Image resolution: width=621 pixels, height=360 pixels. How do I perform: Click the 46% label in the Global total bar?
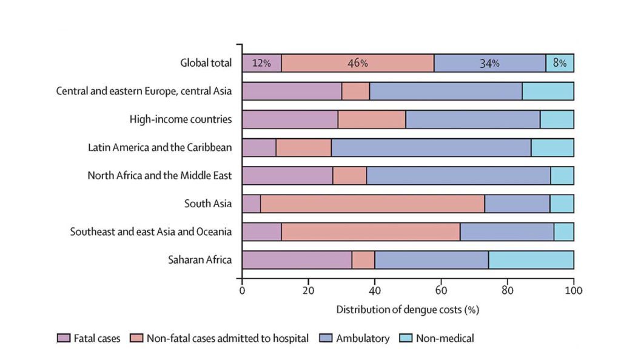[x=357, y=64]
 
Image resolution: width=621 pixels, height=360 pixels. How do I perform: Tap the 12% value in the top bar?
[x=261, y=64]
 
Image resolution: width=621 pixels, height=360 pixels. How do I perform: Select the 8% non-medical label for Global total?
[x=560, y=64]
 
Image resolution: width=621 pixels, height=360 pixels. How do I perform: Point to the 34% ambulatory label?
[x=489, y=64]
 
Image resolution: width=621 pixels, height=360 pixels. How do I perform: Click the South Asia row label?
[x=207, y=204]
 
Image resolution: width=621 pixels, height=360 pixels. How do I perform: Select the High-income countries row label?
[x=181, y=119]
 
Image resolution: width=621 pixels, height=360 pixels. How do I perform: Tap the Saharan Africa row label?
[x=200, y=260]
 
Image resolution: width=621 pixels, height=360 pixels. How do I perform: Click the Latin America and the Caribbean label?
[x=159, y=147]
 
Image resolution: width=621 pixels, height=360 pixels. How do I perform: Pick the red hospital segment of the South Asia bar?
[x=372, y=204]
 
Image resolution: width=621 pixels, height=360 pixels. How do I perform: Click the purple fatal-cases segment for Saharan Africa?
[x=297, y=260]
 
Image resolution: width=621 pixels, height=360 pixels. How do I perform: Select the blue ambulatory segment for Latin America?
[x=431, y=147]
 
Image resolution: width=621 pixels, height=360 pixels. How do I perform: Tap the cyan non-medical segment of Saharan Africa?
[x=531, y=260]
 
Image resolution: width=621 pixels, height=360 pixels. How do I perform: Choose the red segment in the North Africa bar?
[x=349, y=176]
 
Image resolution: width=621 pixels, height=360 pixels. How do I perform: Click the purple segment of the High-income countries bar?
[x=290, y=119]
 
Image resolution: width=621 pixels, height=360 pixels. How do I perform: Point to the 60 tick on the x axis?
[x=441, y=290]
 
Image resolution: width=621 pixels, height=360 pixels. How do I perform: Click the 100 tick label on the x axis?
[x=574, y=290]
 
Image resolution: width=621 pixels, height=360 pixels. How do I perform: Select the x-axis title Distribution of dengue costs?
[x=408, y=310]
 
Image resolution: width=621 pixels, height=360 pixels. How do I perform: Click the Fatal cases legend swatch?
[x=62, y=338]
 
